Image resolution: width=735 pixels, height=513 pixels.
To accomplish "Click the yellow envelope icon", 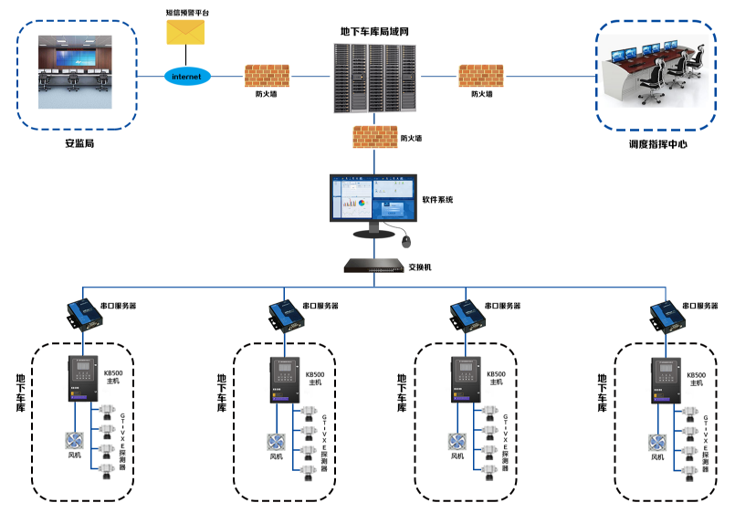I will coord(186,31).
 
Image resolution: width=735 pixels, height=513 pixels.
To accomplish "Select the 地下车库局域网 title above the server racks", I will coord(374,31).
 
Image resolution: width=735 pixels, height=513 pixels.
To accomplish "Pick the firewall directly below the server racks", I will coord(373,136).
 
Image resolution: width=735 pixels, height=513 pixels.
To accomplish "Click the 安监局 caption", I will coord(79,144).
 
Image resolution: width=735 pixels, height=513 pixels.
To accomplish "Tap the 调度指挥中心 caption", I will coord(657,144).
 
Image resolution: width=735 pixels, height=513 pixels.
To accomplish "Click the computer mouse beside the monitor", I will coord(405,241).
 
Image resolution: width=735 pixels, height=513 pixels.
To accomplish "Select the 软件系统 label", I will coord(437,199).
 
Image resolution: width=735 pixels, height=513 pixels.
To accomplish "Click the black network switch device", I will coord(373,267).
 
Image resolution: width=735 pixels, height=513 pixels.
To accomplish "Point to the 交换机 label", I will coord(420,267).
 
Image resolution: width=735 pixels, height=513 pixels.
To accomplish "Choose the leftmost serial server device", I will coord(79,313).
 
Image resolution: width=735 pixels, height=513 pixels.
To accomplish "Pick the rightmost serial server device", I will coord(666,313).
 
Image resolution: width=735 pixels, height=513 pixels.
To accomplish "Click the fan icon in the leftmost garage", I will coord(73,441).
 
